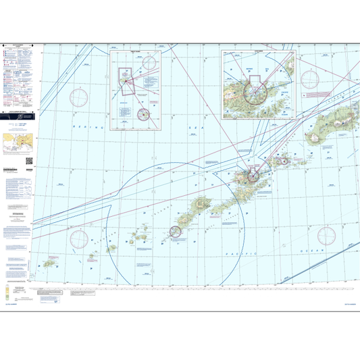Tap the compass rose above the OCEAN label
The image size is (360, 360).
326,236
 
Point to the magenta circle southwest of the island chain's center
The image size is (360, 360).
176,232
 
